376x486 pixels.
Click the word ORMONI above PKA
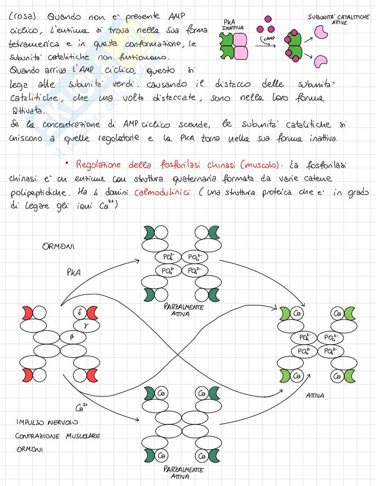[x=58, y=247]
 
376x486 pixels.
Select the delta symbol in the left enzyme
[x=79, y=313]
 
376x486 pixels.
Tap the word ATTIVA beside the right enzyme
[x=315, y=396]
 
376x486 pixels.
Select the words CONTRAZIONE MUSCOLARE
[x=58, y=436]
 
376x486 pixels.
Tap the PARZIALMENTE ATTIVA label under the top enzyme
[x=183, y=310]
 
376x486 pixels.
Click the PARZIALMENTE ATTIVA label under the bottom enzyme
[x=183, y=473]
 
